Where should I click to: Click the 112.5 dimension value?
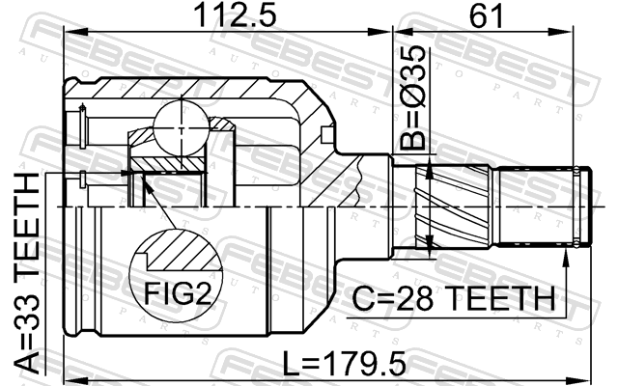tap(236, 15)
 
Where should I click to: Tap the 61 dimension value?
tap(486, 15)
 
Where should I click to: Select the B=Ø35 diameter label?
tap(413, 97)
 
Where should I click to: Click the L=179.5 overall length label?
tap(345, 364)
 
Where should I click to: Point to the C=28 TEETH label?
tap(453, 298)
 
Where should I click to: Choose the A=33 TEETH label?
tap(27, 273)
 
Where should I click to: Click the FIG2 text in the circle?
tap(178, 293)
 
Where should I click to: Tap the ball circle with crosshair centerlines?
tap(181, 128)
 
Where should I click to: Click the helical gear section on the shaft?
tap(453, 207)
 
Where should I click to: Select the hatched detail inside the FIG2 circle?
tap(183, 251)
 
